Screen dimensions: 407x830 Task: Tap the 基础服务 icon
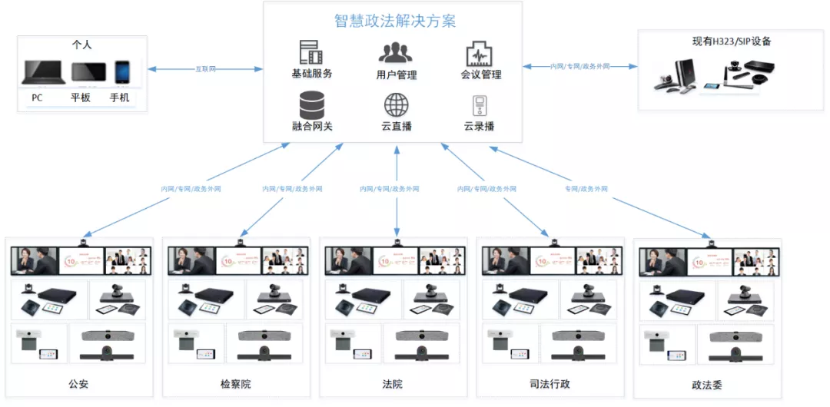tap(311, 52)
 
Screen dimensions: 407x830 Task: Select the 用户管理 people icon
tap(395, 52)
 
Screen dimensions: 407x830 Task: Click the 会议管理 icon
tap(480, 54)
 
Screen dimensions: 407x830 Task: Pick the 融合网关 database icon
tap(311, 104)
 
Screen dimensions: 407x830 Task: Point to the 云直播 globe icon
tap(396, 104)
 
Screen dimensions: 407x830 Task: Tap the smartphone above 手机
tap(121, 72)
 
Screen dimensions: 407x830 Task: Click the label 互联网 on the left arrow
tap(206, 69)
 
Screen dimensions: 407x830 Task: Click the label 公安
tap(78, 384)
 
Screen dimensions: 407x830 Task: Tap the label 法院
tap(392, 384)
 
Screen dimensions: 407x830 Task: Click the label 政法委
tap(707, 385)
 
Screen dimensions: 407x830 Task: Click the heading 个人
tap(81, 45)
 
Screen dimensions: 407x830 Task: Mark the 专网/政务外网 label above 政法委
tap(586, 188)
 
